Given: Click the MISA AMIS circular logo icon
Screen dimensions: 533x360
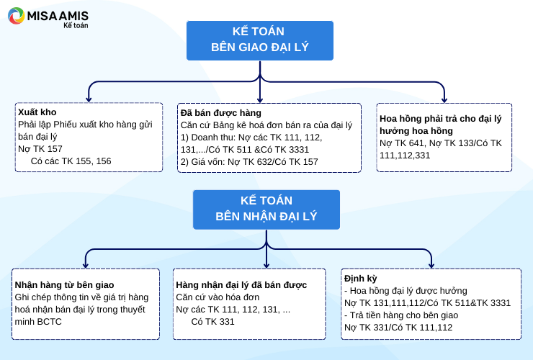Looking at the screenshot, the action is [x=17, y=16].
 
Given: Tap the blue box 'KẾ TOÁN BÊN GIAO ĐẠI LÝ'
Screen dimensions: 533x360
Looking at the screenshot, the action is [x=260, y=40].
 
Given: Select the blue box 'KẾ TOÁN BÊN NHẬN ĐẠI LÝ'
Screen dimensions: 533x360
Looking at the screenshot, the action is [x=266, y=210].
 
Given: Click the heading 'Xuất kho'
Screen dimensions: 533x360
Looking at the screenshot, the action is [x=37, y=112].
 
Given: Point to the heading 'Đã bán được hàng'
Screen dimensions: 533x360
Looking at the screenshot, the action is [x=221, y=113].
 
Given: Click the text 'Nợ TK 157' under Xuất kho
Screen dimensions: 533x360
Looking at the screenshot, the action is [x=40, y=149].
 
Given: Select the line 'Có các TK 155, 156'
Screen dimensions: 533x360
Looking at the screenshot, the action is [x=71, y=161].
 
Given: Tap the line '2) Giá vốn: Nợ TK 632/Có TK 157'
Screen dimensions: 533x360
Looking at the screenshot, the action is [x=249, y=162].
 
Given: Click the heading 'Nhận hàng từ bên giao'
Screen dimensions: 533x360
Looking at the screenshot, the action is [x=64, y=285].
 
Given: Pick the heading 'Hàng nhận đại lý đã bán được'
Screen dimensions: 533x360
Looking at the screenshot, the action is [x=241, y=285].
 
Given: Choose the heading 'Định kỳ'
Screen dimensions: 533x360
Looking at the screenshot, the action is [x=361, y=279].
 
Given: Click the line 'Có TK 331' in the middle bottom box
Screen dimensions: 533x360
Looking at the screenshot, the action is [x=212, y=322].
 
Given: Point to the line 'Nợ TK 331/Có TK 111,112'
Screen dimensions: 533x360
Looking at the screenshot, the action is [x=398, y=328].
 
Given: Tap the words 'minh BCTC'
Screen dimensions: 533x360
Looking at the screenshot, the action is [x=38, y=322].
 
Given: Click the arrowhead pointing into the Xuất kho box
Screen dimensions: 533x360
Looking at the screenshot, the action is [x=89, y=99].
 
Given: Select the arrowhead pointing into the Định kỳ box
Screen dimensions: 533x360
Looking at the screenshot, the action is [x=431, y=265].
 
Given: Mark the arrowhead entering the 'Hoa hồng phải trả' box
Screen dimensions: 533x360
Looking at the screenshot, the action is [x=444, y=99].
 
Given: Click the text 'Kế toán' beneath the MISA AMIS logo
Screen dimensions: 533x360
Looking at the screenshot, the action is [x=76, y=25].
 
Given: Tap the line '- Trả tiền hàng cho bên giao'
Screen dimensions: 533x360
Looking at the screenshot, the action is [x=401, y=315].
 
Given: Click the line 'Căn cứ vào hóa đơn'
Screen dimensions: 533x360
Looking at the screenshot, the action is [x=218, y=297].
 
